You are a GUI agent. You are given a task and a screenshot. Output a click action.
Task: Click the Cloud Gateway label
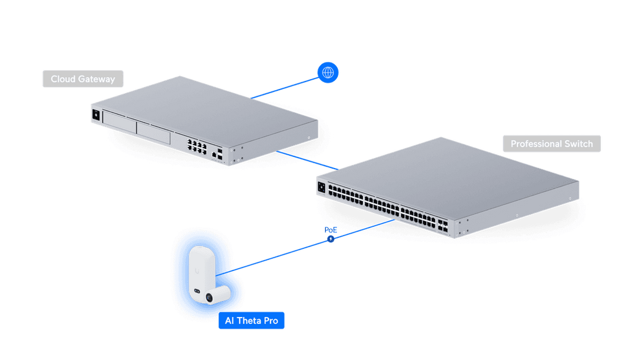pyautogui.click(x=83, y=79)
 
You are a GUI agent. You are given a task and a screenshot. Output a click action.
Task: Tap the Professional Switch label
pyautogui.click(x=551, y=144)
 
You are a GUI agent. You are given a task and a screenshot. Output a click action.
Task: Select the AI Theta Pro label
pyautogui.click(x=251, y=320)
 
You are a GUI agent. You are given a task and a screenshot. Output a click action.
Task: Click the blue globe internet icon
pyautogui.click(x=328, y=72)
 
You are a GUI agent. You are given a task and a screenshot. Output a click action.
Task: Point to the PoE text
pyautogui.click(x=331, y=230)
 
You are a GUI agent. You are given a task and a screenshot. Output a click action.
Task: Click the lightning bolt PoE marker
pyautogui.click(x=331, y=239)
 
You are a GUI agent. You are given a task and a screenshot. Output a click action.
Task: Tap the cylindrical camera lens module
pyautogui.click(x=217, y=295)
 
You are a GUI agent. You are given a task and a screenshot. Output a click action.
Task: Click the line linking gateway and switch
pyautogui.click(x=307, y=160)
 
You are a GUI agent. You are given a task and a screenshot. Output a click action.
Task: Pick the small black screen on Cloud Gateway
pyautogui.click(x=96, y=115)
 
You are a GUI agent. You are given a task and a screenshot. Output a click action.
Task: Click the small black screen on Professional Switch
pyautogui.click(x=321, y=187)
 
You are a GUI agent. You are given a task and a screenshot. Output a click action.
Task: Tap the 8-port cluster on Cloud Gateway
pyautogui.click(x=197, y=146)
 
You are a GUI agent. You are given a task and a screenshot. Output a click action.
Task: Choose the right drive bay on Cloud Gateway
pyautogui.click(x=153, y=132)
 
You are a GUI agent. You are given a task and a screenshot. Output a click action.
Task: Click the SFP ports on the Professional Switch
pyautogui.click(x=443, y=226)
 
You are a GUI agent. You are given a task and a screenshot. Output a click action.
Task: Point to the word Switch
pyautogui.click(x=579, y=144)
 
